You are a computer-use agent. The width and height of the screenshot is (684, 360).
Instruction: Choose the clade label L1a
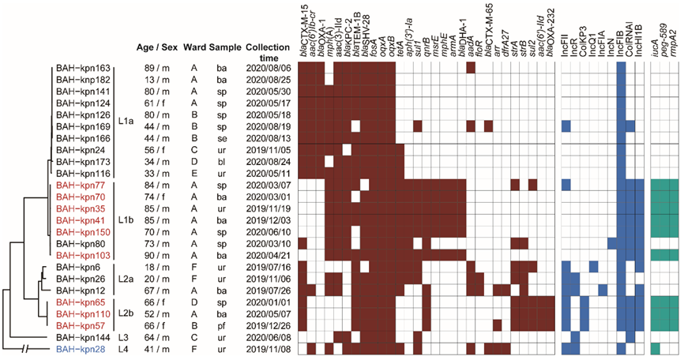126,122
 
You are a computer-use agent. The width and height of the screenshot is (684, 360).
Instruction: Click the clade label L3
122,336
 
